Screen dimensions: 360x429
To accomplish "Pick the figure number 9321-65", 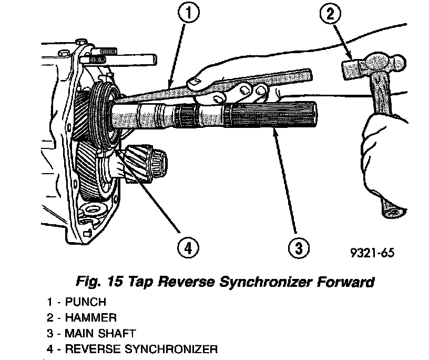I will [x=372, y=252].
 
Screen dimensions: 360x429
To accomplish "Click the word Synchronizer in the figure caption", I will [x=266, y=282].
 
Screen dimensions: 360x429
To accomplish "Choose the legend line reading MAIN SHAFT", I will [x=92, y=333].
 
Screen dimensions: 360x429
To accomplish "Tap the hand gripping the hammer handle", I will [x=386, y=139].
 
